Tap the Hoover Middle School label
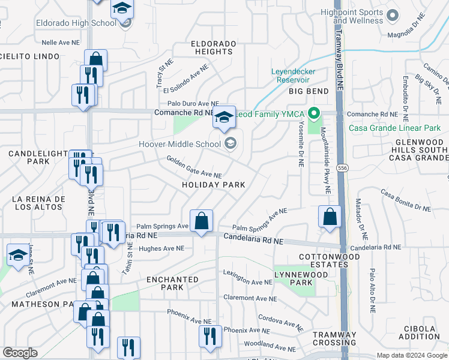pos(180,144)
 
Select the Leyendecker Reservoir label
pos(293,75)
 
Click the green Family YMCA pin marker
pos(313,113)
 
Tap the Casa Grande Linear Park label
pos(398,127)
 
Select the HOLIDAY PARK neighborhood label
pos(214,185)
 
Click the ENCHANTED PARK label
pos(172,283)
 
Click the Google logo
pos(20,353)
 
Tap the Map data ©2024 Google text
pos(411,355)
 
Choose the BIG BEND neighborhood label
pos(309,91)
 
